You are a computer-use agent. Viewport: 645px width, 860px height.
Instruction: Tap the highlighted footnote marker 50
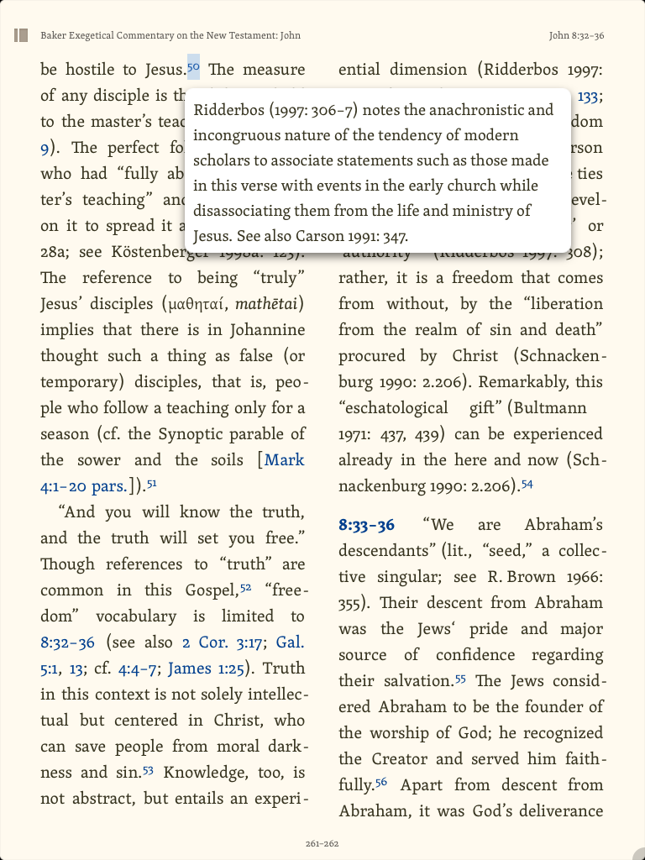click(x=193, y=66)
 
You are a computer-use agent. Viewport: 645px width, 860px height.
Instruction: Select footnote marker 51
click(x=152, y=483)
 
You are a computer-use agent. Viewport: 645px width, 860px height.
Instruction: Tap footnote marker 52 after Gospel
click(x=246, y=587)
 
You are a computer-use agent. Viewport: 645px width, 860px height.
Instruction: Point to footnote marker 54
click(x=527, y=483)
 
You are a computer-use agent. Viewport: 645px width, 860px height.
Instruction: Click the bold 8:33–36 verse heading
click(x=366, y=526)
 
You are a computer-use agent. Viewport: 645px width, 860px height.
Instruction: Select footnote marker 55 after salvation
click(x=461, y=678)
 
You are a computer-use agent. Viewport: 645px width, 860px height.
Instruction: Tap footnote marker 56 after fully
click(x=381, y=782)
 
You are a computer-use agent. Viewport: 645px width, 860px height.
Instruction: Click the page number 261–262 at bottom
click(x=322, y=843)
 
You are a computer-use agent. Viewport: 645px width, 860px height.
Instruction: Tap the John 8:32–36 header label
click(x=576, y=35)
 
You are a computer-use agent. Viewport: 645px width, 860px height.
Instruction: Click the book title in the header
click(x=170, y=35)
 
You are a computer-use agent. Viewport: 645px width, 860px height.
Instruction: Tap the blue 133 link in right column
click(x=588, y=97)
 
